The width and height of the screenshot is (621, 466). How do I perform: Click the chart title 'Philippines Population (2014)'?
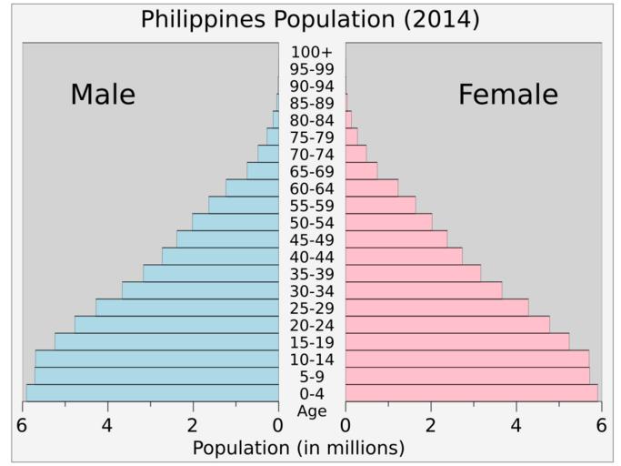point(310,19)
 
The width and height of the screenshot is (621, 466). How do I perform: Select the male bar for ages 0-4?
point(152,393)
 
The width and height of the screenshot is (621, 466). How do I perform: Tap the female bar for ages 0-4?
point(471,393)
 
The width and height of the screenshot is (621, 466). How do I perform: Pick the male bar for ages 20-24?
point(176,325)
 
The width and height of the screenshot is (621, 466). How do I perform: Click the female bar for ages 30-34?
point(424,290)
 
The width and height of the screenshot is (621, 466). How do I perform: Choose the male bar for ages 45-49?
point(227,239)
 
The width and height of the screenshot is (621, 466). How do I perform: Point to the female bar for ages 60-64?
point(372,188)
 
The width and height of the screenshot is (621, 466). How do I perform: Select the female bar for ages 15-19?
point(457,342)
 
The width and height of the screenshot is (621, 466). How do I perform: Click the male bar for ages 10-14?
point(156,359)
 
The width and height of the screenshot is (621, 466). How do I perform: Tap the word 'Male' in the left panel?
point(103,95)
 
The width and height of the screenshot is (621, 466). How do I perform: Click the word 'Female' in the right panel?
point(507,95)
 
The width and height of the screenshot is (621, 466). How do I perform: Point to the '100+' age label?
point(312,52)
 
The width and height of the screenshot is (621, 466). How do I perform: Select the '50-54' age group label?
point(312,223)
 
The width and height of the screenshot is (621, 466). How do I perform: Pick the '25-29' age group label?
point(312,308)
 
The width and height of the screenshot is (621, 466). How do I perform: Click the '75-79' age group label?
point(312,137)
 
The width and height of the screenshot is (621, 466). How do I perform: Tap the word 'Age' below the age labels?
point(312,411)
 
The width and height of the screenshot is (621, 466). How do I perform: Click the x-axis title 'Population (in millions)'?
point(298,449)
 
